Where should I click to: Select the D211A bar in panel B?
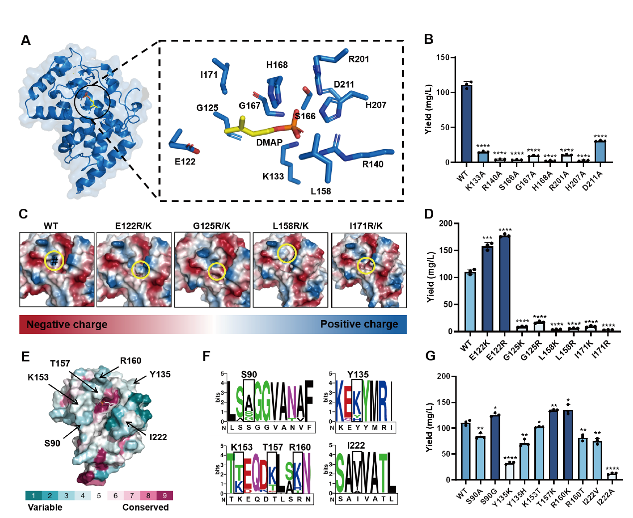(600, 152)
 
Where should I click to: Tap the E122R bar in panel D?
(504, 283)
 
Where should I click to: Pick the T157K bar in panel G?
(553, 445)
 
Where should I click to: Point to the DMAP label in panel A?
(269, 143)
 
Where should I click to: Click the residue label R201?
(358, 59)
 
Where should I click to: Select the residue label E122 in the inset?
(185, 162)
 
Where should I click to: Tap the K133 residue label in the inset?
(273, 176)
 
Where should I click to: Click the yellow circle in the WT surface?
(54, 260)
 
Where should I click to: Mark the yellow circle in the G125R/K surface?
(217, 271)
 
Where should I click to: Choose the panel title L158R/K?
(291, 226)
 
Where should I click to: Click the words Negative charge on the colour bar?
(67, 325)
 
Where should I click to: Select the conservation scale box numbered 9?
(164, 496)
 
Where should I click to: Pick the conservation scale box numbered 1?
(33, 496)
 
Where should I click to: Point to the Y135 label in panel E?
(159, 374)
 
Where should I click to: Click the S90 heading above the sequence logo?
(249, 374)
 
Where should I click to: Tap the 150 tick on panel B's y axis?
(443, 57)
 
